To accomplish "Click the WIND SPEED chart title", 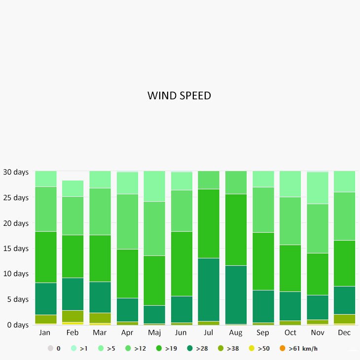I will pos(179,96).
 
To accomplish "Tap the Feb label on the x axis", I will pos(72,333).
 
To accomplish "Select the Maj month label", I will pos(154,333).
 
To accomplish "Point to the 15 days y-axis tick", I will pos(16,249).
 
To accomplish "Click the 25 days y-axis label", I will pos(16,198).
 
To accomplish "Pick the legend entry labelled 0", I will pos(54,349).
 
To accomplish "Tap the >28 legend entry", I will pos(198,349).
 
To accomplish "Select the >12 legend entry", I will pos(136,349).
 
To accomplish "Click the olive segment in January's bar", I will pos(45,319).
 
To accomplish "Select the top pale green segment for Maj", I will pos(154,186).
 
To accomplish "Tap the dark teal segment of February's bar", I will pos(72,294).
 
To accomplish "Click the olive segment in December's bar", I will pos(344,319).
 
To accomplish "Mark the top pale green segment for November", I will pos(317,188).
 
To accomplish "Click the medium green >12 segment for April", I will pos(127,221).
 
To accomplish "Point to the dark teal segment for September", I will pos(263,306).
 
